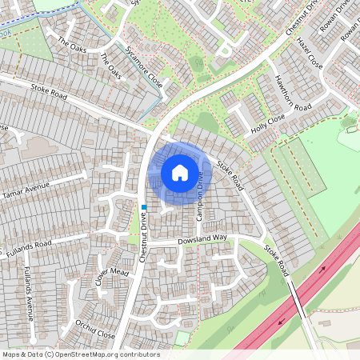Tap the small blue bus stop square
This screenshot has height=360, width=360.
pyautogui.click(x=144, y=207)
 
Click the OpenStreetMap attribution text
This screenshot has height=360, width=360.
pyautogui.click(x=81, y=354)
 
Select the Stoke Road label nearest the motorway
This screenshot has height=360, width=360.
pyautogui.click(x=275, y=262)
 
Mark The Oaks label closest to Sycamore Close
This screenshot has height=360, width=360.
pyautogui.click(x=111, y=66)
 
